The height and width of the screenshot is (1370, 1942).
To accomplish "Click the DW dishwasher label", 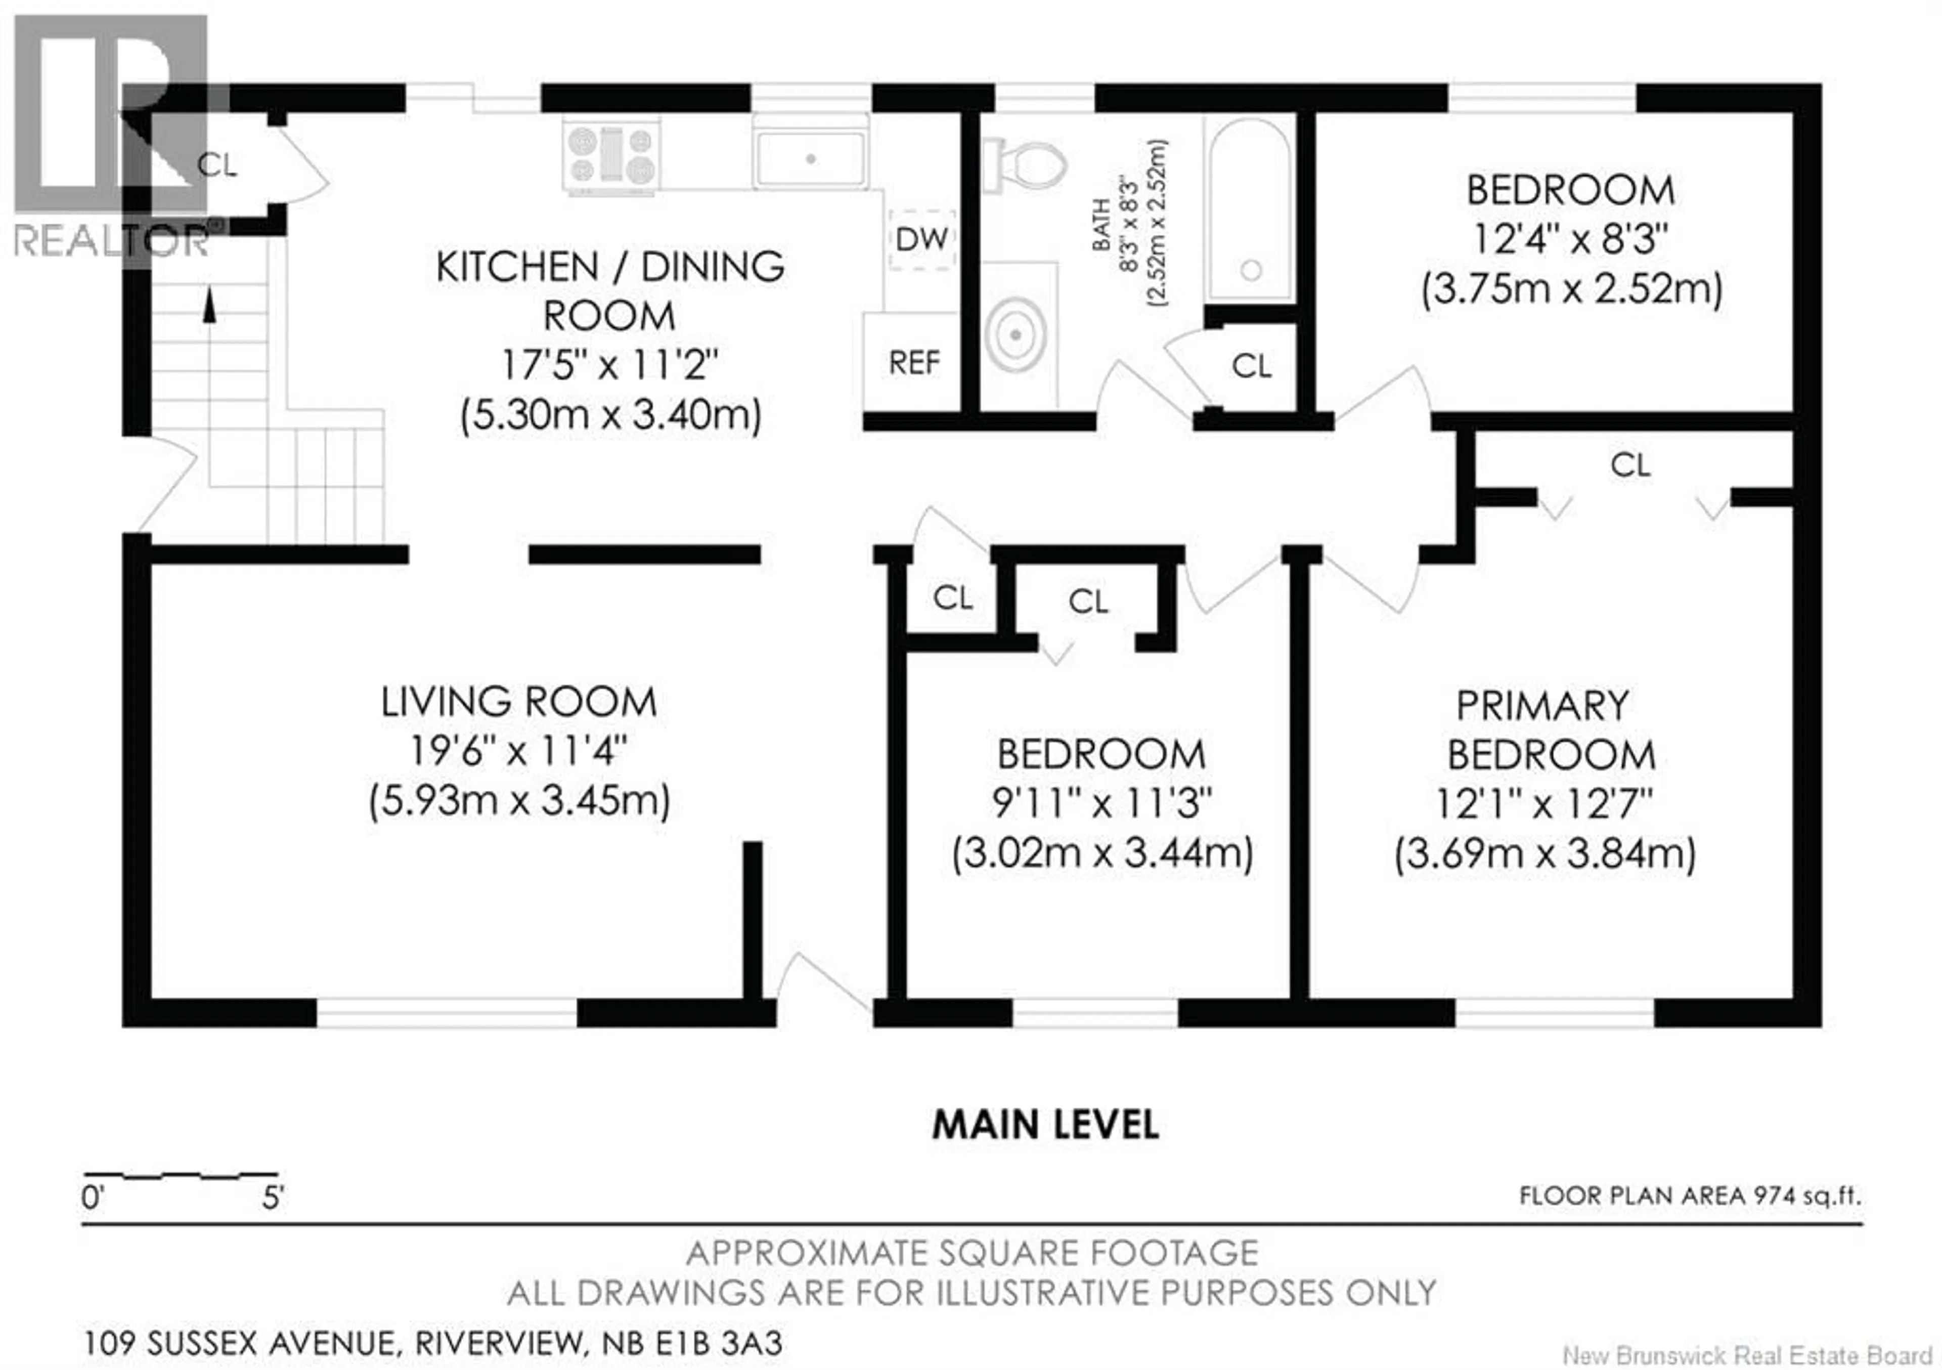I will coord(921,239).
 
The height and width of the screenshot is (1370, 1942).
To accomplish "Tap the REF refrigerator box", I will coord(913,362).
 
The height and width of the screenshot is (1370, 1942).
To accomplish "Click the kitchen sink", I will coord(810,158).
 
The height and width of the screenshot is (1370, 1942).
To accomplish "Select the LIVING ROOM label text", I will coord(518,702).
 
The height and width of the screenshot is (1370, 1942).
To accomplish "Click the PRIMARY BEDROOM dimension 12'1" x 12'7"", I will coord(1543,803).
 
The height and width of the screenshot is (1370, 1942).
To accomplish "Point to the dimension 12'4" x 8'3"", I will coord(1571,239).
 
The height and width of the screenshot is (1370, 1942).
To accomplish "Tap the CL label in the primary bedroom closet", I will coord(1630,464).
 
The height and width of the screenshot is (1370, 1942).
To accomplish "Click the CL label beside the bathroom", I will coord(1251,366).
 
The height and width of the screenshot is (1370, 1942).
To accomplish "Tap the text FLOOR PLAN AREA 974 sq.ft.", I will coord(1690,1195).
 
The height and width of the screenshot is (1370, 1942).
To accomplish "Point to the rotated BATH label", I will coord(1101,224).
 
